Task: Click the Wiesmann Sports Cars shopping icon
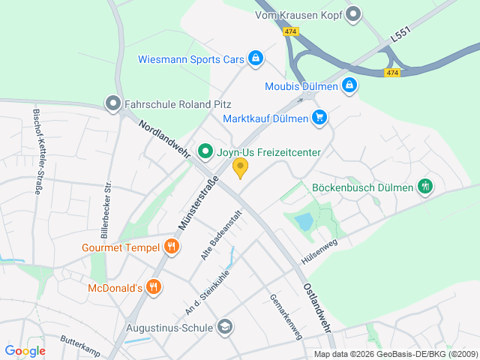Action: pos(256,58)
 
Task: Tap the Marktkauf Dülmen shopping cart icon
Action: pos(320,118)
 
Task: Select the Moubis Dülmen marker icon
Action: pos(349,86)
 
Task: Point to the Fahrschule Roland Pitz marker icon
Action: pos(113,104)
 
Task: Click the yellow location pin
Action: pos(240,168)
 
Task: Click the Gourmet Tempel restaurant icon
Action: pos(172,247)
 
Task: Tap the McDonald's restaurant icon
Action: pos(154,287)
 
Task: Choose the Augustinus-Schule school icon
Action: pos(224,327)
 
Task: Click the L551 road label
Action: pos(401,36)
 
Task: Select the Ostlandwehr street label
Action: pos(317,307)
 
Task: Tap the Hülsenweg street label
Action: pos(320,246)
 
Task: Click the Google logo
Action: pos(25,350)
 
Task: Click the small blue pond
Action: pos(304,222)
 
